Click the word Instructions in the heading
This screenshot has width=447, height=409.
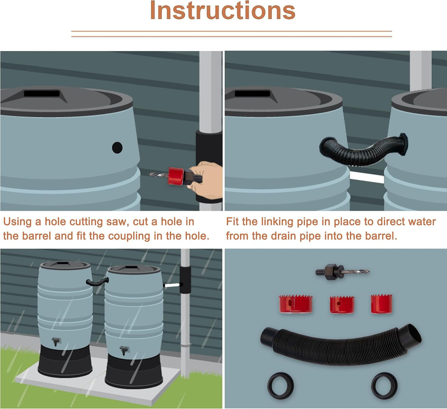[x=222, y=11]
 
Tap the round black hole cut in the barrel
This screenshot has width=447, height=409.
[x=117, y=147]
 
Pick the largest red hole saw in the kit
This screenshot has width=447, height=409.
[x=295, y=304]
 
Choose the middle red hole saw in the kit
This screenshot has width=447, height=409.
[x=342, y=305]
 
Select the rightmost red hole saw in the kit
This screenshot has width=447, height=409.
[x=381, y=304]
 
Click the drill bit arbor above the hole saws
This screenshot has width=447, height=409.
[x=342, y=272]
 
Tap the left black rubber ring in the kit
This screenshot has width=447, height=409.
[x=280, y=386]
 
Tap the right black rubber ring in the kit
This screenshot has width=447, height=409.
[x=384, y=386]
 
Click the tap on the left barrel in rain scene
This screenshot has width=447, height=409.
[x=56, y=341]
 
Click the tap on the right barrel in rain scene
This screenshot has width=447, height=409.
[x=124, y=350]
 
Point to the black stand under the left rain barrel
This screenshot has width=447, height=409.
[x=65, y=363]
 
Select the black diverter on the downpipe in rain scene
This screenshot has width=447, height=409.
[x=185, y=280]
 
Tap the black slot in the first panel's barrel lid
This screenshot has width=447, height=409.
[x=42, y=93]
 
